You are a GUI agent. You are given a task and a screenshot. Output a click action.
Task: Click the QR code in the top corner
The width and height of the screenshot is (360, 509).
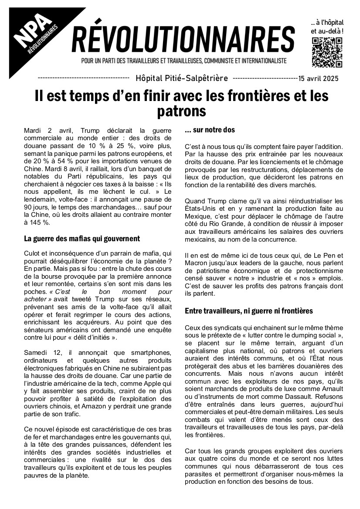pos(327,52)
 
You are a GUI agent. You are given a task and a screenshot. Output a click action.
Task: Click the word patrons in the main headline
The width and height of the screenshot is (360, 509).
pos(181,111)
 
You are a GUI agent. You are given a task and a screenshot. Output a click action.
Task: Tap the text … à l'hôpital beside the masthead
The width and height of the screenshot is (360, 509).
pos(327,22)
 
